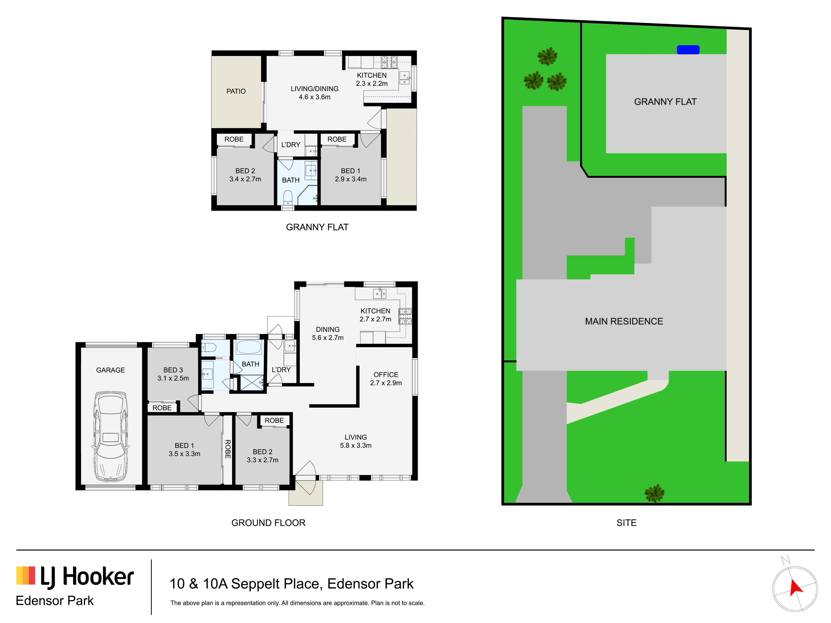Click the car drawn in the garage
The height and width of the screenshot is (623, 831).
(111, 436)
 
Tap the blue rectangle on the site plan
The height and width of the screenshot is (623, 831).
(688, 50)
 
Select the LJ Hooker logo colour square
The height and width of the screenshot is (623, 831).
(26, 575)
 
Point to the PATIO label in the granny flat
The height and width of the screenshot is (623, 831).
(236, 91)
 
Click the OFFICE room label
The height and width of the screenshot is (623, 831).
(386, 375)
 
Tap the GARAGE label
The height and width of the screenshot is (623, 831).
(110, 370)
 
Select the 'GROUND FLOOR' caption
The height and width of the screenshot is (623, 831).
(268, 523)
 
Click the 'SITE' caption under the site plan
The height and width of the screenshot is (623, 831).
(626, 523)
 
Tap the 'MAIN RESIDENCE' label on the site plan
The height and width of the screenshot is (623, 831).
(624, 321)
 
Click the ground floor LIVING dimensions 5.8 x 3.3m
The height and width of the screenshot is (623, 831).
(356, 445)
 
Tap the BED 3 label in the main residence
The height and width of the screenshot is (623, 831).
(173, 370)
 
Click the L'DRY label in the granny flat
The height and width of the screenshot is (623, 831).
(291, 145)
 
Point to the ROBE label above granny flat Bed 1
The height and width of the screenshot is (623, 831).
(337, 139)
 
